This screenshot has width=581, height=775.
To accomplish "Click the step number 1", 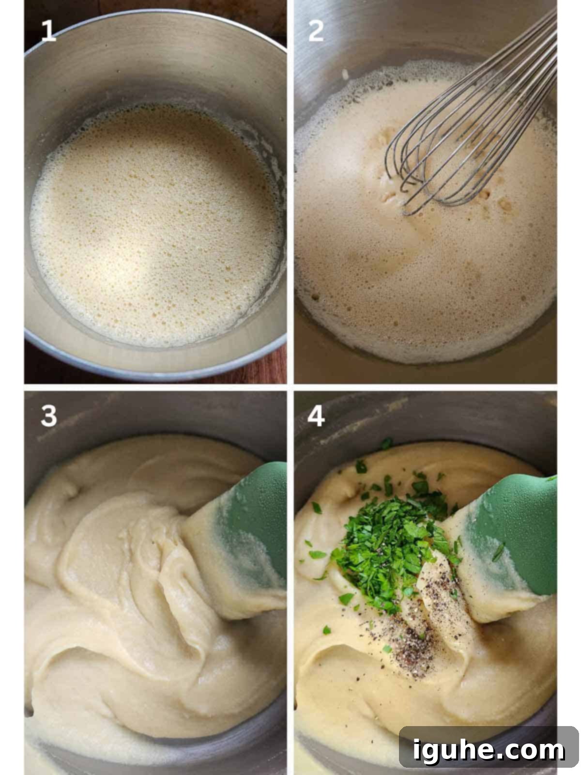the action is [x=49, y=31].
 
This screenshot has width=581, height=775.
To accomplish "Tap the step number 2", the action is [x=316, y=31].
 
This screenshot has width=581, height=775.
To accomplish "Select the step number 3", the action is [x=49, y=416].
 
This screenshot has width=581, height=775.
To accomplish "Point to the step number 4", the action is [x=316, y=416].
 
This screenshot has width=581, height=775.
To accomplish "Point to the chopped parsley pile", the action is [x=392, y=537].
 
